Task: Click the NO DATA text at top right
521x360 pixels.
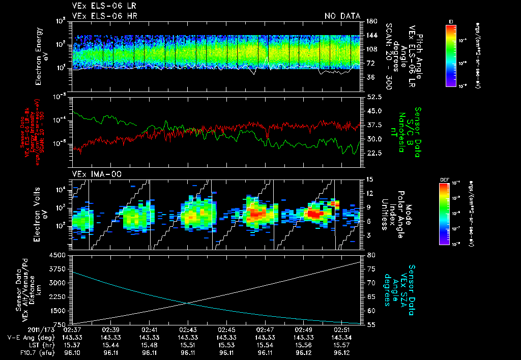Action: (x=342, y=16)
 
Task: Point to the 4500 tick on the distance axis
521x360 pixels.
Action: (x=61, y=255)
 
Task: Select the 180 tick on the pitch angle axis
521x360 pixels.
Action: (x=371, y=21)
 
